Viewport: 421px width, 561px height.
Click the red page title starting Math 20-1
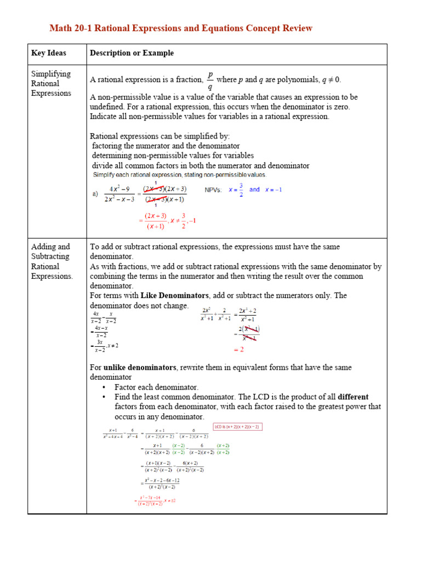181,28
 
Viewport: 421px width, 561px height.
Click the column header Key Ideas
48,53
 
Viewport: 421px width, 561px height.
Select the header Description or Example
132,53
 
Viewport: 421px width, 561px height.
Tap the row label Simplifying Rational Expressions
51,83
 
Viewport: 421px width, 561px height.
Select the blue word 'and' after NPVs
254,190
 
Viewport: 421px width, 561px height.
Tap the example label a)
94,193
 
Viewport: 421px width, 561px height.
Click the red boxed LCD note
237,427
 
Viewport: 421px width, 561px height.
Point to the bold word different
353,397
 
